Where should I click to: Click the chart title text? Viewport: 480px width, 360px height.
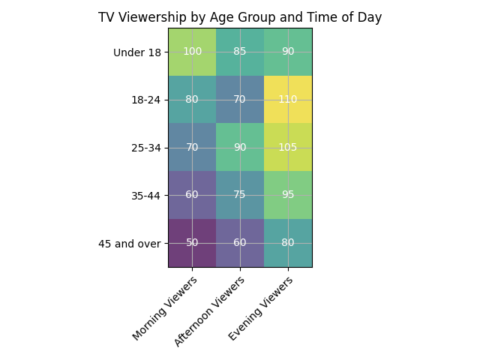[240, 17]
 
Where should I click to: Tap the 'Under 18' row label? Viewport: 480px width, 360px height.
[136, 52]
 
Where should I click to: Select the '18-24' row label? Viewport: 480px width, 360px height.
[145, 100]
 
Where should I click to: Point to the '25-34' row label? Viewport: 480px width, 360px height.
[145, 148]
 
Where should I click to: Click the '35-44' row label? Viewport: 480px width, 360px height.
[145, 196]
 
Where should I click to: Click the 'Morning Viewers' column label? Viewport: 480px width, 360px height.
[165, 308]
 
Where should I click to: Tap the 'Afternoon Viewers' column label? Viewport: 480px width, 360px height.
[210, 311]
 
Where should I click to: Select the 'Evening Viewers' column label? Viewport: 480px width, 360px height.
[260, 308]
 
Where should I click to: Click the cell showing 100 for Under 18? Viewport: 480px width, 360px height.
[192, 52]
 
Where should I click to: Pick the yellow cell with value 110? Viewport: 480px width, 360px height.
[288, 100]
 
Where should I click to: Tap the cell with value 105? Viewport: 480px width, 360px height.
[288, 148]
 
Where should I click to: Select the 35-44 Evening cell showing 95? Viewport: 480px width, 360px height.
[288, 195]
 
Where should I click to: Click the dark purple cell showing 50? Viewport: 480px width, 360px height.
[192, 243]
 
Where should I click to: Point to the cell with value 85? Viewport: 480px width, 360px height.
[240, 52]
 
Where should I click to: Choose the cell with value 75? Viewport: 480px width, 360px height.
[240, 195]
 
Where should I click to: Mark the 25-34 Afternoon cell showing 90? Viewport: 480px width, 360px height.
[240, 148]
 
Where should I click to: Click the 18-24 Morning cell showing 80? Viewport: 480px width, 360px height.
[192, 100]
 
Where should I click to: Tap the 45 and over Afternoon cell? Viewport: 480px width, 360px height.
[240, 243]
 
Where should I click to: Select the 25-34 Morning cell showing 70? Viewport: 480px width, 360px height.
[192, 148]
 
